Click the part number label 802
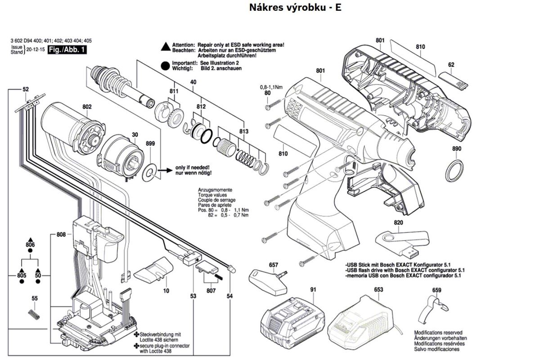pos(87,107)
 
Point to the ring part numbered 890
pos(455,169)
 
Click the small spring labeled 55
pos(34,314)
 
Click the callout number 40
pos(193,82)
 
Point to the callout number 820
pos(386,223)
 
